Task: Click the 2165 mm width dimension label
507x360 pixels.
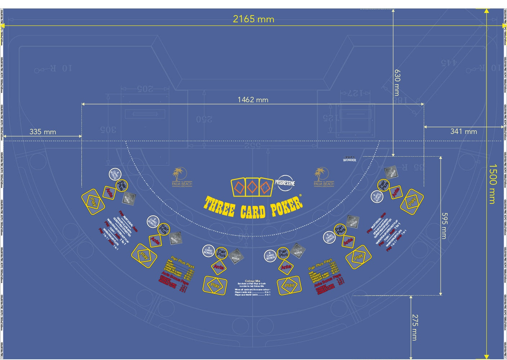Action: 253,19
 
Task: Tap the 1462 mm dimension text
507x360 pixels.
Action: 253,100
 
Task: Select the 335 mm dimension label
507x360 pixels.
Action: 43,132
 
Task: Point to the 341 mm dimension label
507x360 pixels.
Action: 463,131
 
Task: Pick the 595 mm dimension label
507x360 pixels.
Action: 444,226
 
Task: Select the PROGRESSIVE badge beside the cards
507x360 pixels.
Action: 285,183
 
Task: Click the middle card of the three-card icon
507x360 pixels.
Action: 252,187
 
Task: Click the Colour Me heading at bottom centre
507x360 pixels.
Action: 252,281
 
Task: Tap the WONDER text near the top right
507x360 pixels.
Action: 350,160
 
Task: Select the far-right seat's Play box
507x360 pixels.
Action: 412,202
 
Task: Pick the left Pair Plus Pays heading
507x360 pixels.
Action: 183,262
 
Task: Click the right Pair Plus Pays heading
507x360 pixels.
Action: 320,265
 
